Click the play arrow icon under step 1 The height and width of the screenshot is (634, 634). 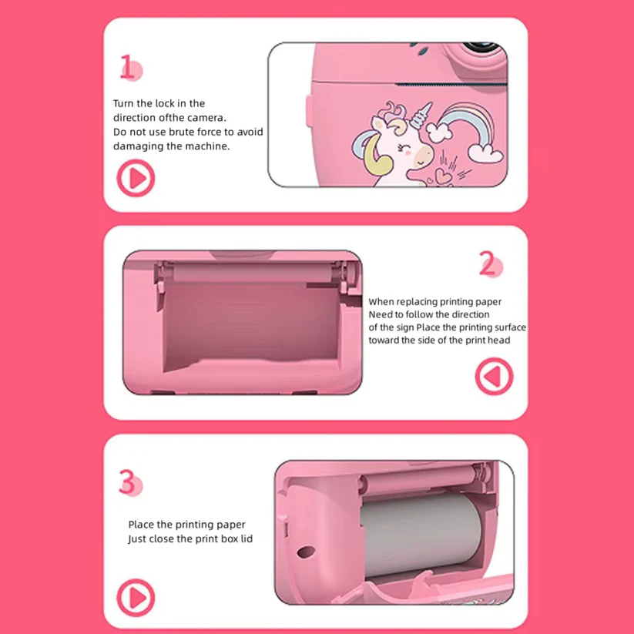click(x=136, y=178)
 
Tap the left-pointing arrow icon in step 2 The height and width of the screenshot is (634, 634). click(x=494, y=376)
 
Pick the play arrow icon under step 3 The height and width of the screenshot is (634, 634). click(x=136, y=598)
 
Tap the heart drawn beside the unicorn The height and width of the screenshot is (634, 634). click(x=444, y=176)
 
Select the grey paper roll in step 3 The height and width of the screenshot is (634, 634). click(x=421, y=535)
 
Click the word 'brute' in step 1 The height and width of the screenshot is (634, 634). click(x=181, y=133)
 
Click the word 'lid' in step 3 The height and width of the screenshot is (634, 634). click(x=247, y=538)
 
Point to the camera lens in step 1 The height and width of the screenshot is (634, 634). click(x=481, y=47)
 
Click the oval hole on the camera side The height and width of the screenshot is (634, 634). click(x=306, y=552)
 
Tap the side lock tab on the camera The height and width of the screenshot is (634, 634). click(x=309, y=110)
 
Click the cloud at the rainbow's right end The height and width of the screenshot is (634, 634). click(x=485, y=153)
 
